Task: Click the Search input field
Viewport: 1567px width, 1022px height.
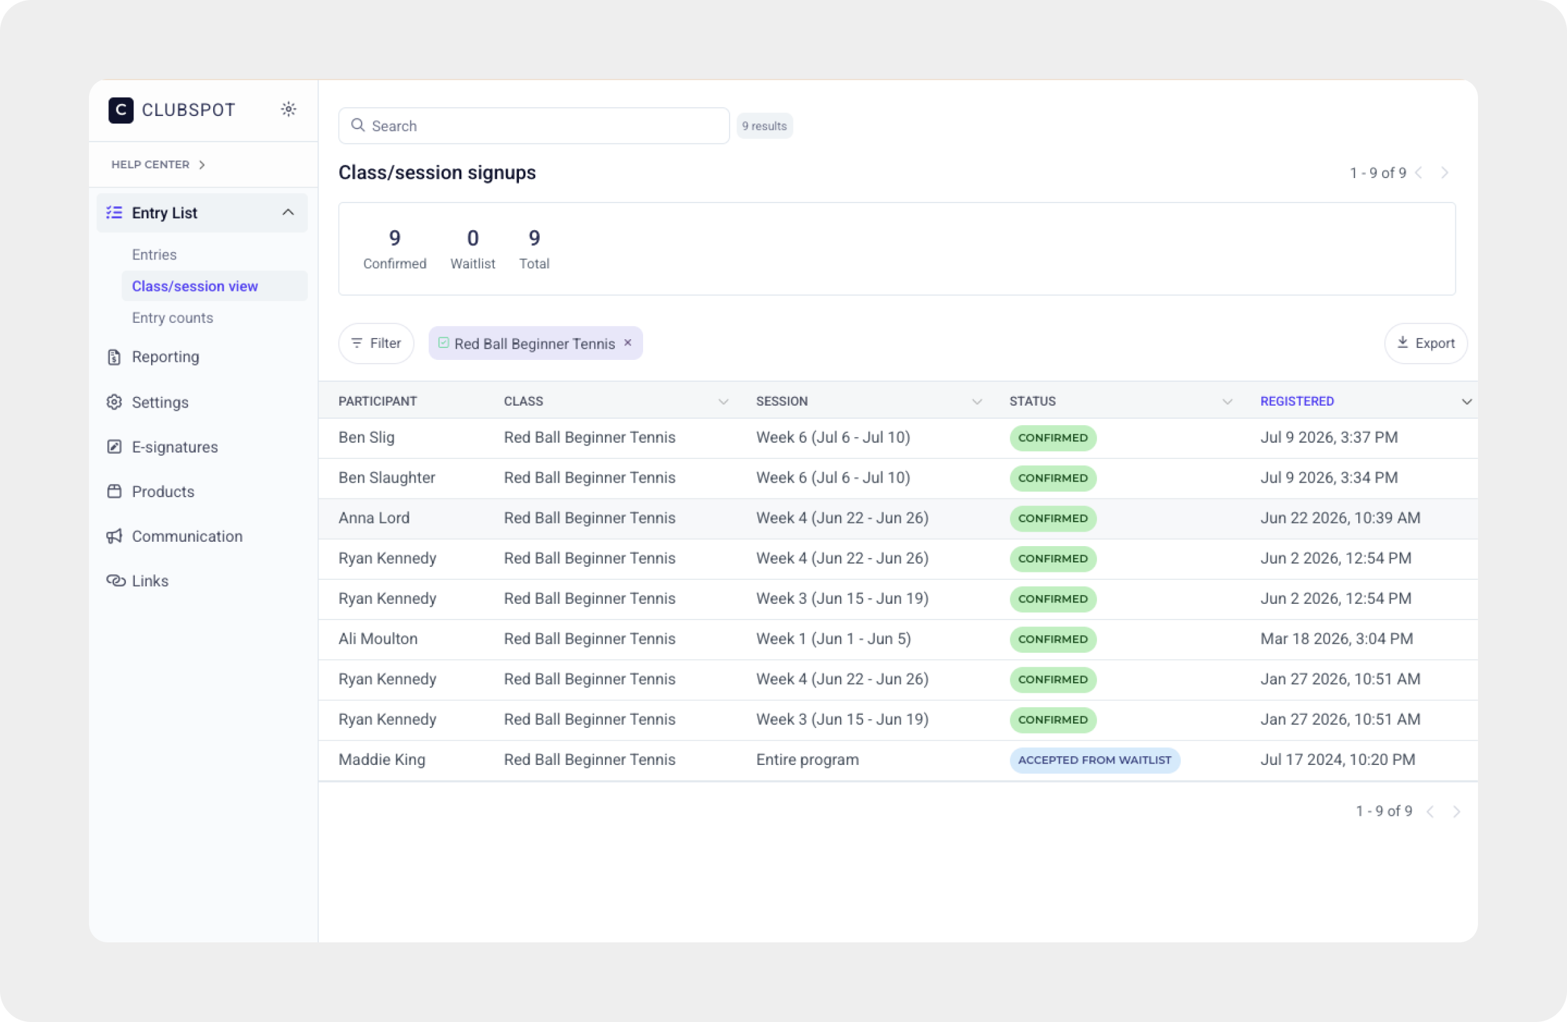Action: pos(533,126)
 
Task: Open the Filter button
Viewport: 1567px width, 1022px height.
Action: pos(376,343)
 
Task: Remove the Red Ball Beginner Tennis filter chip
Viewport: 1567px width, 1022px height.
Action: pos(628,342)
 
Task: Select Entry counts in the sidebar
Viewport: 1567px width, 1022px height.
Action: pos(172,317)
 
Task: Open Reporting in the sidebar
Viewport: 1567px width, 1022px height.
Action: pos(165,356)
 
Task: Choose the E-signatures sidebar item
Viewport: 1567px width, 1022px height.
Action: pos(174,446)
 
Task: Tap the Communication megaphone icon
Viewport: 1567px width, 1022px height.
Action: pos(115,536)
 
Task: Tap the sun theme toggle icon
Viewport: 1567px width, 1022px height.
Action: pos(288,109)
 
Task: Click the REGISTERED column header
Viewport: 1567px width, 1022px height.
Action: pos(1297,401)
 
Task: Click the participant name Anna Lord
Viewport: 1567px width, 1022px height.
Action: pos(374,518)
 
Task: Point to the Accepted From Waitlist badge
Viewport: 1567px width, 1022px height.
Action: pos(1094,760)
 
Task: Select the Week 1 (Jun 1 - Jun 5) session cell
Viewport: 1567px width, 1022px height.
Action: pos(834,639)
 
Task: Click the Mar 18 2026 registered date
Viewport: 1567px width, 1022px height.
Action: pos(1336,639)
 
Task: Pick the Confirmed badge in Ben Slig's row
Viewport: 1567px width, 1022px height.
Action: pos(1053,438)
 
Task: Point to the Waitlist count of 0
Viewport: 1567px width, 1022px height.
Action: pos(473,238)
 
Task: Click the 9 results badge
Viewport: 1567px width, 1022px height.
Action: pos(765,126)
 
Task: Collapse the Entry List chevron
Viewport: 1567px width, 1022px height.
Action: pos(288,212)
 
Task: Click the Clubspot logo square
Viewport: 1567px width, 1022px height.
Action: pos(121,110)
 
